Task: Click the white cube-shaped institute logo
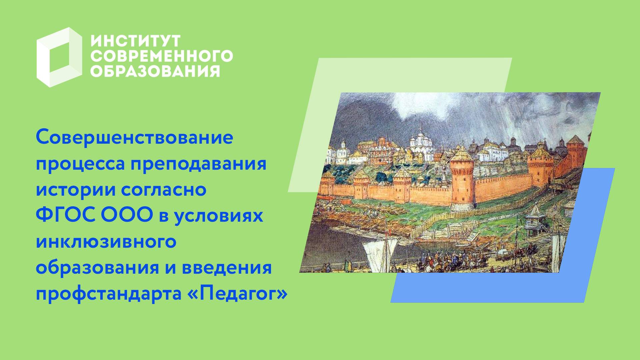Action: (59, 57)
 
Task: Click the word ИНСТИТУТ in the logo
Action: (135, 41)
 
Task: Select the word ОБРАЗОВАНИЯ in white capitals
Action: (155, 71)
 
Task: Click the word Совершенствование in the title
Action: (134, 138)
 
